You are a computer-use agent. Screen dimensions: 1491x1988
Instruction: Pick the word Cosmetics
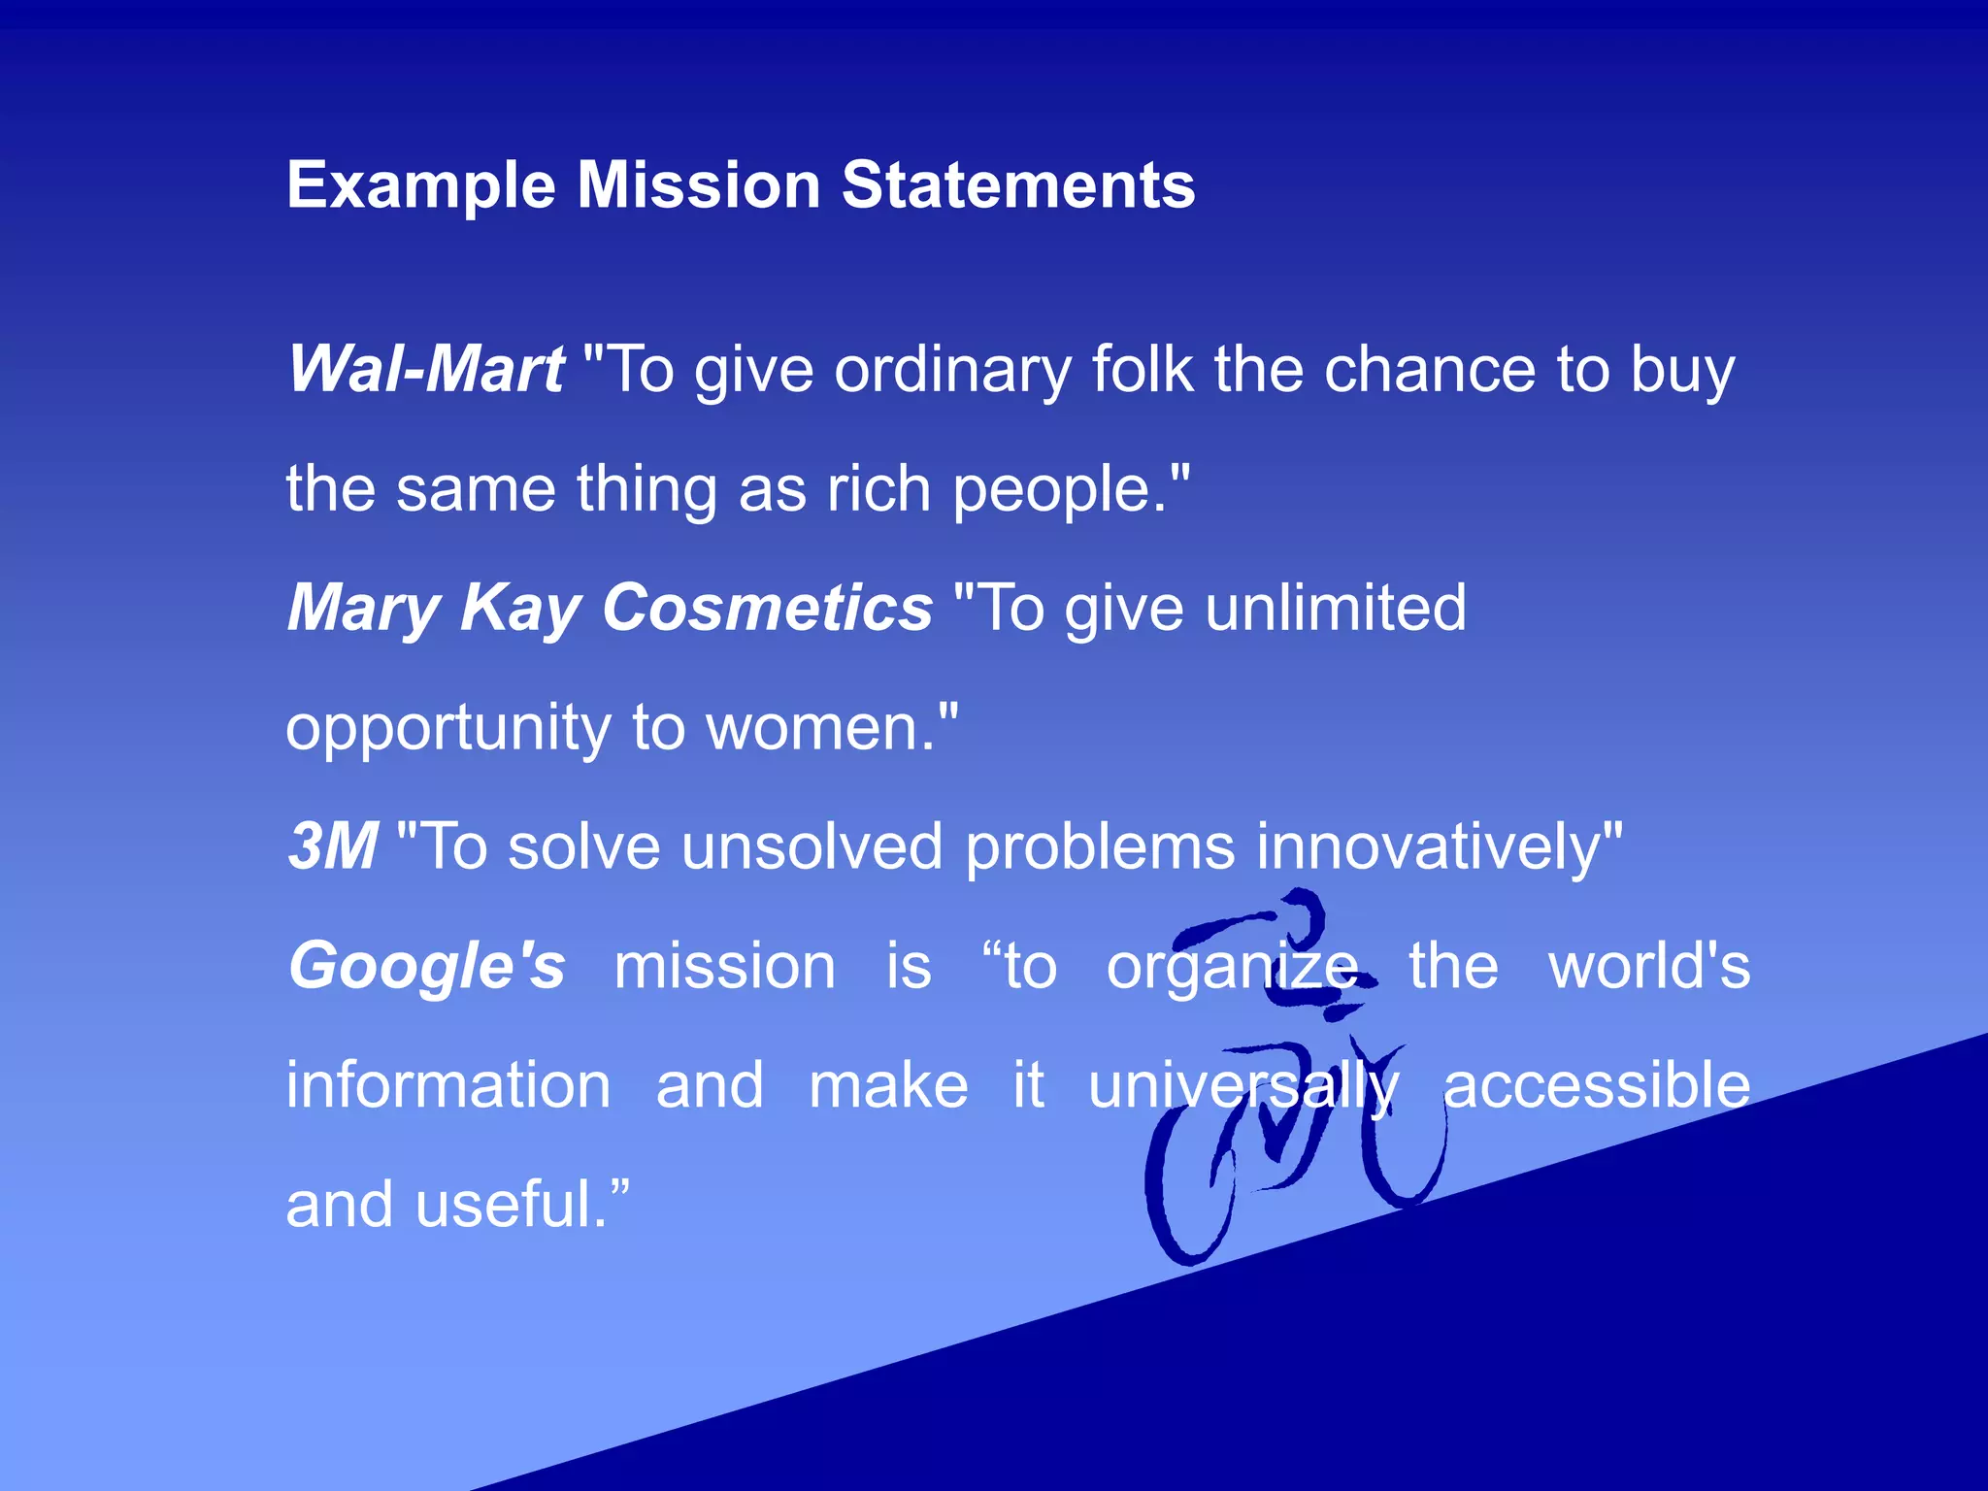(x=767, y=609)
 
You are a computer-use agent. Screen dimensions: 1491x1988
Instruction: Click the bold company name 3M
(x=333, y=846)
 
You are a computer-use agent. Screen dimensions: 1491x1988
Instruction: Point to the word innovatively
(x=1438, y=846)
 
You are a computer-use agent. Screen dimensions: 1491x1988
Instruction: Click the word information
(x=447, y=1085)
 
